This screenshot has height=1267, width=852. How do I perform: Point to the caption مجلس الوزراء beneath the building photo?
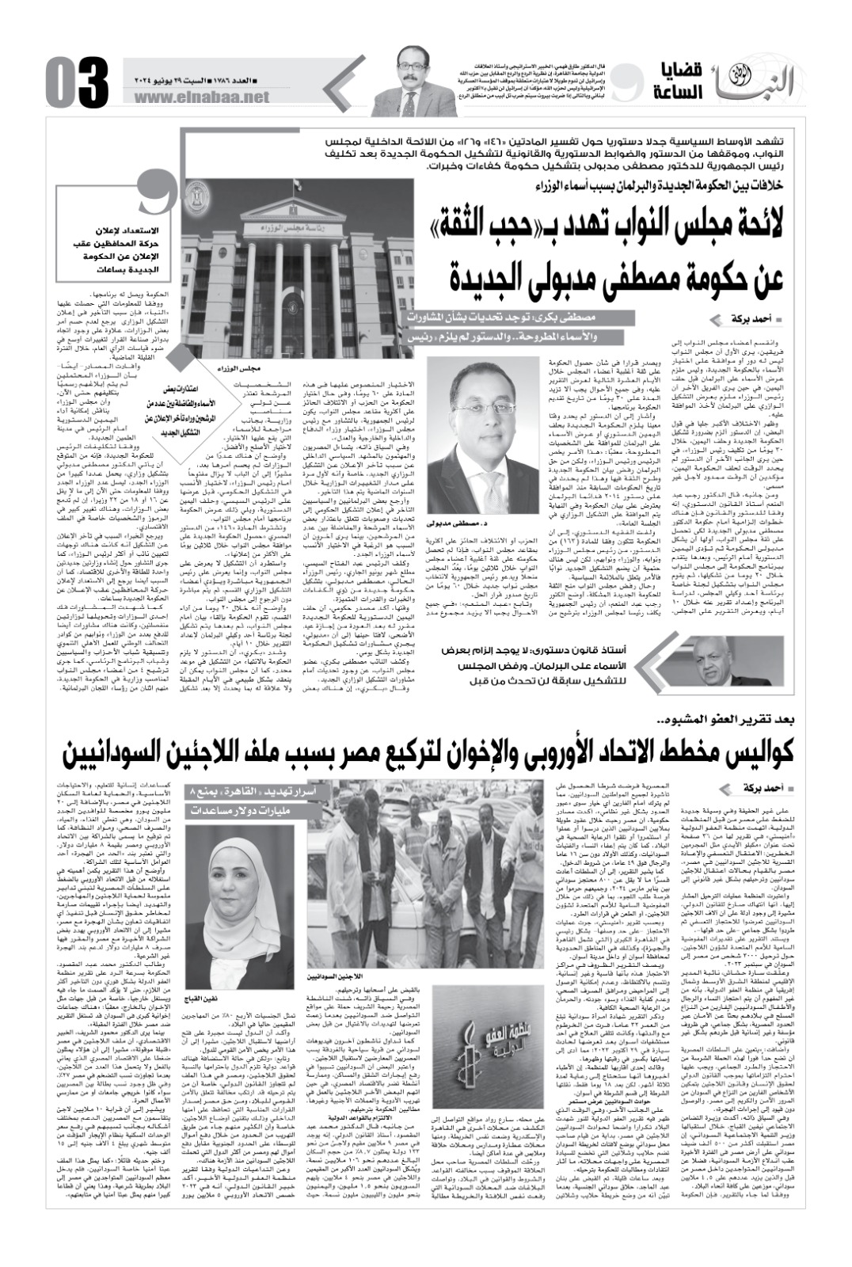click(x=237, y=368)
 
